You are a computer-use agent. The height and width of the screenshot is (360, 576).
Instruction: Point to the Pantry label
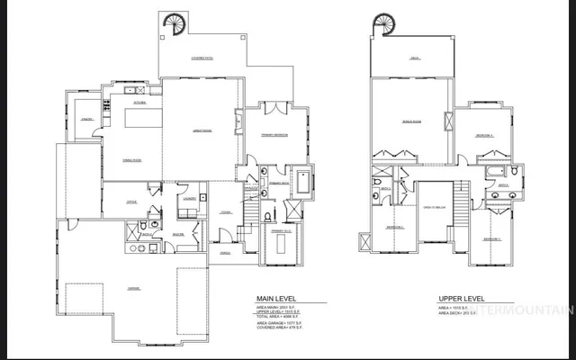[87, 119]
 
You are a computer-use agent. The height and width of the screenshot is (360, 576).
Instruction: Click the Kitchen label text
[139, 103]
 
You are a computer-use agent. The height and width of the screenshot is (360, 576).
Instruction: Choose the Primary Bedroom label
[275, 134]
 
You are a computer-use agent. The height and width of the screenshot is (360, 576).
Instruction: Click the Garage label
[133, 288]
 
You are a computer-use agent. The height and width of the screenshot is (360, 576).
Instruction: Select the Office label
[131, 202]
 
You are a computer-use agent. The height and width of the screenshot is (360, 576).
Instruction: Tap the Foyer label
[224, 213]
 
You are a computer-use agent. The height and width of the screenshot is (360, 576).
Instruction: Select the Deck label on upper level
[415, 59]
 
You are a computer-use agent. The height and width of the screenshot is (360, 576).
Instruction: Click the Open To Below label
[433, 207]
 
